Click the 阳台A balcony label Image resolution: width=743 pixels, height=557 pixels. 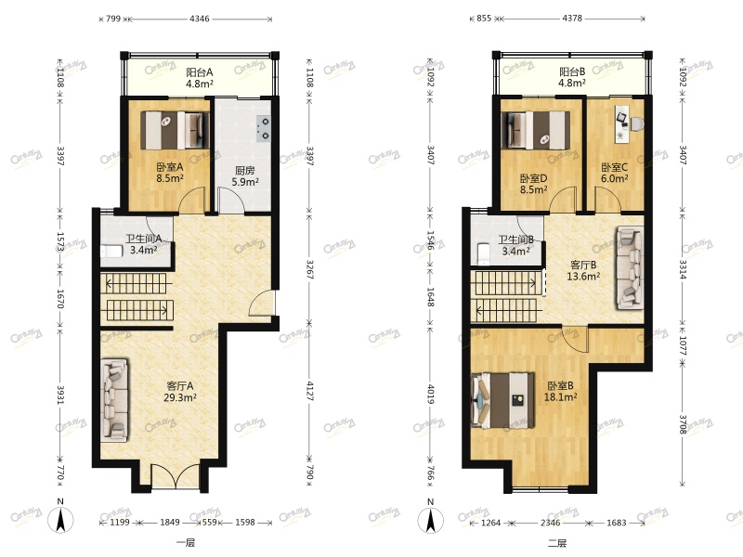click(x=199, y=72)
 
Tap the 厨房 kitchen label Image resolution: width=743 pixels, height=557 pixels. click(x=244, y=170)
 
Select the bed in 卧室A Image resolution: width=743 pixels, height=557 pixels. click(x=175, y=130)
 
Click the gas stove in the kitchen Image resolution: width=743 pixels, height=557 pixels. click(x=263, y=128)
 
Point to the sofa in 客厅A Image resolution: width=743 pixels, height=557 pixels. click(x=114, y=400)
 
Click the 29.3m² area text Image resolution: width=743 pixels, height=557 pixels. click(x=180, y=398)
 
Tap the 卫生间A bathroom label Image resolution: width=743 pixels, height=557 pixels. click(x=144, y=239)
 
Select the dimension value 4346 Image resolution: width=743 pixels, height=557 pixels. click(x=200, y=19)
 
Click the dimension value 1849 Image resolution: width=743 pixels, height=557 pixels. click(x=170, y=523)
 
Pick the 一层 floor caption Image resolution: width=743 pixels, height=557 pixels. click(x=186, y=543)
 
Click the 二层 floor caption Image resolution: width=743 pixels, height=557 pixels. click(x=557, y=543)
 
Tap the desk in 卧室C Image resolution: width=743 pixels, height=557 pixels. click(x=621, y=123)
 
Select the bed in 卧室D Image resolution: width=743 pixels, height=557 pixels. click(x=536, y=130)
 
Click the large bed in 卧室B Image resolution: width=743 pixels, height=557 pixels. click(x=502, y=401)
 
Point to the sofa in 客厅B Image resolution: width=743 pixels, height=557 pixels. click(x=631, y=267)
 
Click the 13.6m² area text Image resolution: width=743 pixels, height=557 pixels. click(x=584, y=276)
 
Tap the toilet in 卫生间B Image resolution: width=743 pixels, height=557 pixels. click(x=483, y=253)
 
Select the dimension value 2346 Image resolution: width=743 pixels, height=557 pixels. click(x=550, y=523)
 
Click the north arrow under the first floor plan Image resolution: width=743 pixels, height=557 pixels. click(x=60, y=520)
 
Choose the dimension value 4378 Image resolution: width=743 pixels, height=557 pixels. click(x=572, y=19)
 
